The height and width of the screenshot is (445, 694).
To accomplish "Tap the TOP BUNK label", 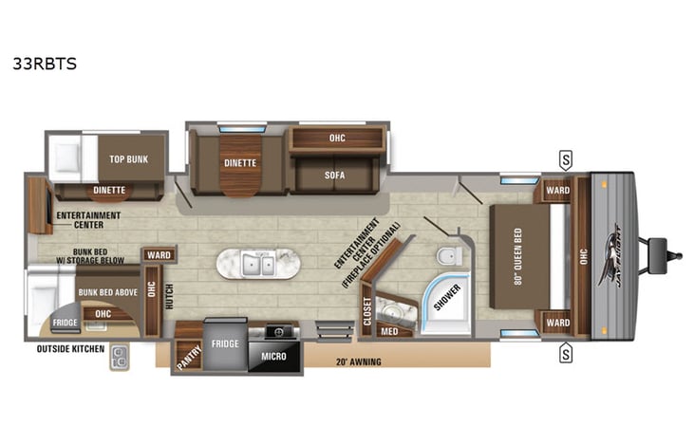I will (131, 158).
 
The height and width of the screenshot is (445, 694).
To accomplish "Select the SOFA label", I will (333, 176).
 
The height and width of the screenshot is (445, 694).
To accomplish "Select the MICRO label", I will (273, 357).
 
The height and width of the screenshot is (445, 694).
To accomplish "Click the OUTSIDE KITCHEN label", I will (67, 349).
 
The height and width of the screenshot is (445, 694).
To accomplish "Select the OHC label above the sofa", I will (336, 139).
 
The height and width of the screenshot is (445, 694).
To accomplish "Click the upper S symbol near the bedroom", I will (566, 158).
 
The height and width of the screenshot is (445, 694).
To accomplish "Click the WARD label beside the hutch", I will (159, 255).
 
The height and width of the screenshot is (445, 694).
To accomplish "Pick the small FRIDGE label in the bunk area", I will (65, 323).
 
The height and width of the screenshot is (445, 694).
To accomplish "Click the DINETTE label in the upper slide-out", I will (240, 162).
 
